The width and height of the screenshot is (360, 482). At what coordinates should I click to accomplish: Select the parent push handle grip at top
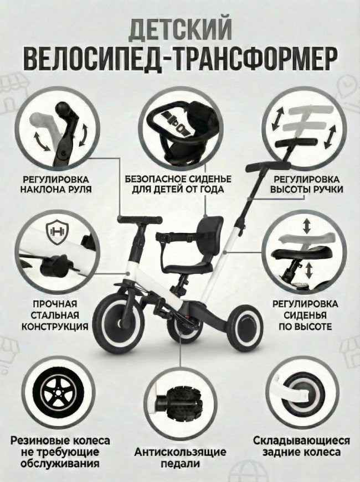tap(268, 167)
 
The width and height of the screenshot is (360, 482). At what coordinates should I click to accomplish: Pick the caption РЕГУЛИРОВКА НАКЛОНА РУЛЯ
tap(56, 184)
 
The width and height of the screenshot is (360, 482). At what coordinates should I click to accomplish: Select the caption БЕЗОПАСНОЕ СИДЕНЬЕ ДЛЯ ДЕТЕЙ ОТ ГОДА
tap(178, 184)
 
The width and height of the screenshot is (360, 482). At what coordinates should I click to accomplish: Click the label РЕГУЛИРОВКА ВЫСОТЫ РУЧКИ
tap(306, 184)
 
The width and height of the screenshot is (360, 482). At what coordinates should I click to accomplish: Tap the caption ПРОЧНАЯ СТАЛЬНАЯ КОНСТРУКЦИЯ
tap(55, 315)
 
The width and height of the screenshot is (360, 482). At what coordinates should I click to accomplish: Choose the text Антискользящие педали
tap(180, 458)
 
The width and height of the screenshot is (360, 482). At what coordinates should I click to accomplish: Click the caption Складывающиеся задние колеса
tap(301, 446)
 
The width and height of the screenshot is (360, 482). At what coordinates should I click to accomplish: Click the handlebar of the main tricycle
tap(140, 220)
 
